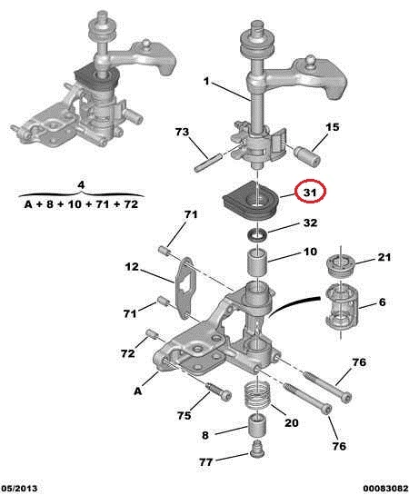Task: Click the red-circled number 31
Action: pyautogui.click(x=310, y=192)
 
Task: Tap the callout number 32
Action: pyautogui.click(x=310, y=223)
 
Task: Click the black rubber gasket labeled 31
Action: pyautogui.click(x=250, y=201)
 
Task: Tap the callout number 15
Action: pyautogui.click(x=333, y=127)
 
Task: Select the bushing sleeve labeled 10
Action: pyautogui.click(x=257, y=262)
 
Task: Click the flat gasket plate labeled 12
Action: pyautogui.click(x=185, y=289)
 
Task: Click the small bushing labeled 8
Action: pyautogui.click(x=256, y=426)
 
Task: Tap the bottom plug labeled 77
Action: pyautogui.click(x=256, y=450)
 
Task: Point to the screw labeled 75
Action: pyautogui.click(x=218, y=391)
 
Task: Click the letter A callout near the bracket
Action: pyautogui.click(x=138, y=391)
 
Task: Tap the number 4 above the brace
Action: pyautogui.click(x=81, y=185)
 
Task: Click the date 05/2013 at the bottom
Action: pyautogui.click(x=19, y=489)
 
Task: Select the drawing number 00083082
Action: pyautogui.click(x=385, y=489)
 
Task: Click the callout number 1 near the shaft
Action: pyautogui.click(x=206, y=82)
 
